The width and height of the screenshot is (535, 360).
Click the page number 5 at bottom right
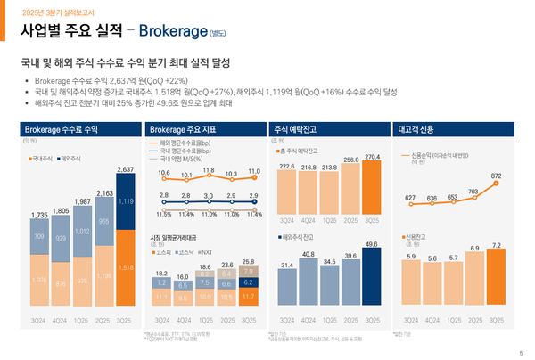coord(521,353)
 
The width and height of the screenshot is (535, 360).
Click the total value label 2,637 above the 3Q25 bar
coord(125,169)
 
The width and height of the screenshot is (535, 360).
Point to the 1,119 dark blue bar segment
coord(125,202)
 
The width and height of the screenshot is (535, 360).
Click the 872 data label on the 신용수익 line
coord(496,176)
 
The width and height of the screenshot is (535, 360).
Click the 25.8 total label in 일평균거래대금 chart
coord(249,261)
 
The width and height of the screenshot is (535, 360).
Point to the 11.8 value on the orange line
coord(208,169)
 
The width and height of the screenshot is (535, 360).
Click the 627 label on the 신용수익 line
coord(409,198)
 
